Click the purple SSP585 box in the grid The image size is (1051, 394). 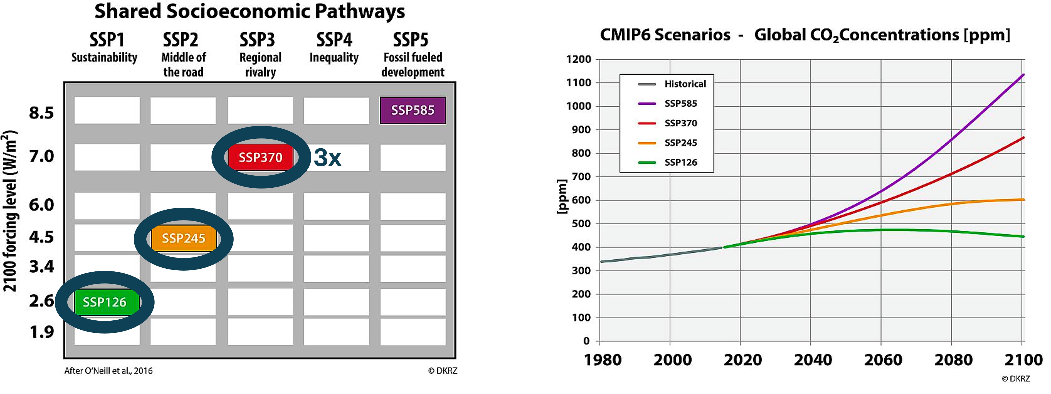pos(413,110)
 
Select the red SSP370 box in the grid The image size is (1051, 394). pos(260,157)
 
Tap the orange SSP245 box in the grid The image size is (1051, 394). pos(183,238)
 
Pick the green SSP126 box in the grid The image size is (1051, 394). pos(105,302)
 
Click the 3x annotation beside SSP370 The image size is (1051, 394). pos(327,158)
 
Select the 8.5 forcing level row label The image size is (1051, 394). pos(41,113)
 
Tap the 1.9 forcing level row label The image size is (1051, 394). pos(41,332)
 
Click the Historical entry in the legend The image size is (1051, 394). pos(685,84)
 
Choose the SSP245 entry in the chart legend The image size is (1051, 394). pos(681,143)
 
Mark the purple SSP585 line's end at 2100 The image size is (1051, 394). pos(1023,75)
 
